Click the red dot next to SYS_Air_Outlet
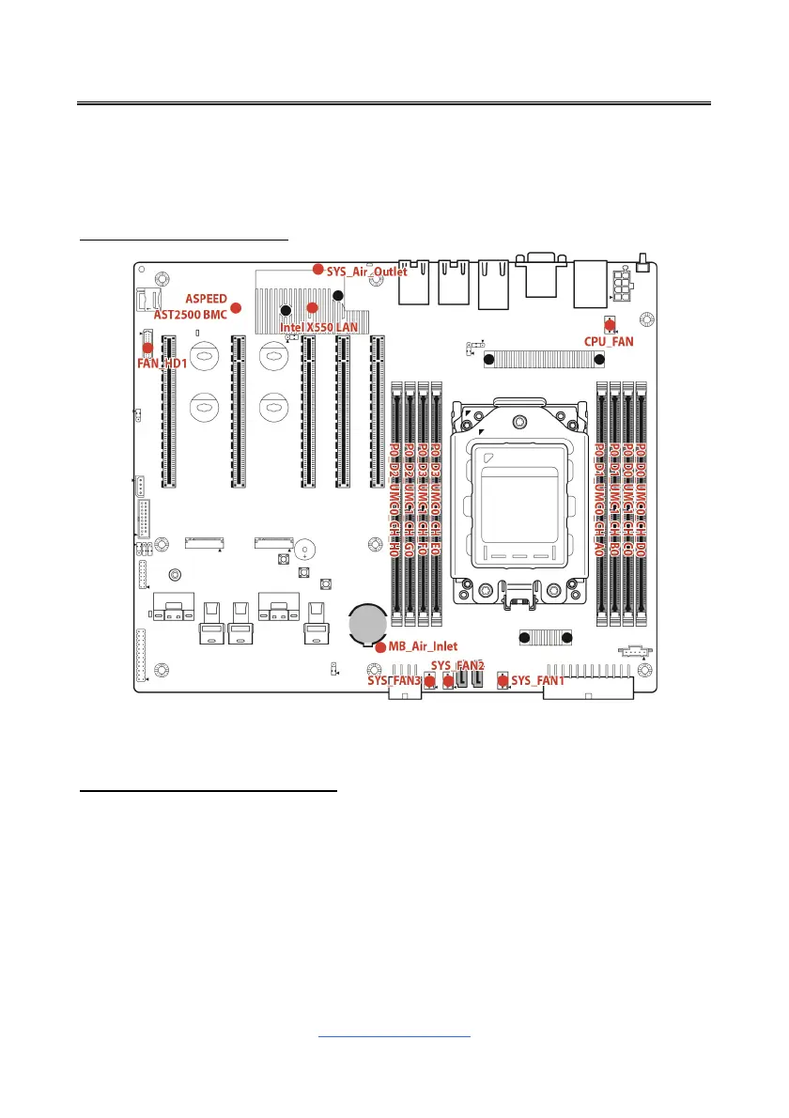[x=318, y=270]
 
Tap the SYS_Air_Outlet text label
[x=367, y=272]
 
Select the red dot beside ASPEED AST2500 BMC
[x=237, y=307]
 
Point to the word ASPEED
[x=206, y=298]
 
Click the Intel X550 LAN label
[x=319, y=327]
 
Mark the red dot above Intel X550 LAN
[x=313, y=307]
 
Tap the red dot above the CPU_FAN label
[x=610, y=325]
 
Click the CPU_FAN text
[x=609, y=343]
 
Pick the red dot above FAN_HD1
[x=147, y=348]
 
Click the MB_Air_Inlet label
[x=425, y=646]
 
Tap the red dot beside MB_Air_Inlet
[x=379, y=646]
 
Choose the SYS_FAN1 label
[x=538, y=680]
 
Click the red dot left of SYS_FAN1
[x=503, y=680]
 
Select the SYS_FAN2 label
[x=457, y=666]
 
